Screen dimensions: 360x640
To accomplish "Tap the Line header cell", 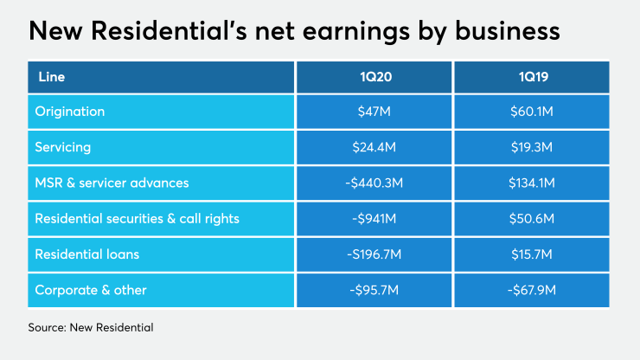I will pyautogui.click(x=51, y=77).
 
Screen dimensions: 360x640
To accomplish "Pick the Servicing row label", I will pyautogui.click(x=63, y=148).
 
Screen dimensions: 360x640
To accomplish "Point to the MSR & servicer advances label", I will pyautogui.click(x=112, y=183).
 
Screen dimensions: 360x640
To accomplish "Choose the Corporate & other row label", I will pyautogui.click(x=91, y=290).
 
